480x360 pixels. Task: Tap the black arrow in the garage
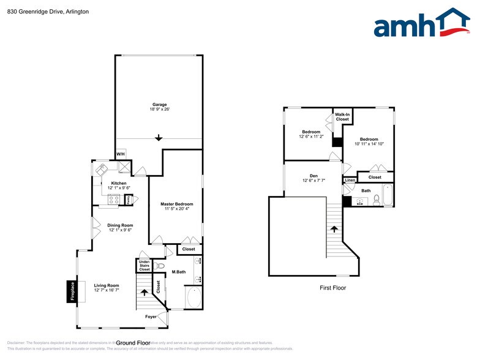click(x=159, y=137)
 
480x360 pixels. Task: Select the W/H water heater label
click(x=121, y=153)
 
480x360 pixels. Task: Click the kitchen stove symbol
click(x=114, y=198)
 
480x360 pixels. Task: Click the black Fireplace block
click(x=72, y=291)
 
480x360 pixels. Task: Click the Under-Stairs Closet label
click(x=144, y=266)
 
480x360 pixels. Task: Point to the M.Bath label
click(x=179, y=272)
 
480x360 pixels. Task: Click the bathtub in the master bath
click(x=194, y=298)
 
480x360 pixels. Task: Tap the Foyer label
click(x=151, y=317)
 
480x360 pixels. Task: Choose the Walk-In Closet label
click(x=342, y=116)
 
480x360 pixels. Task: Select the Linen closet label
click(x=350, y=180)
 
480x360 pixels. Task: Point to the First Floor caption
click(x=333, y=287)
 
